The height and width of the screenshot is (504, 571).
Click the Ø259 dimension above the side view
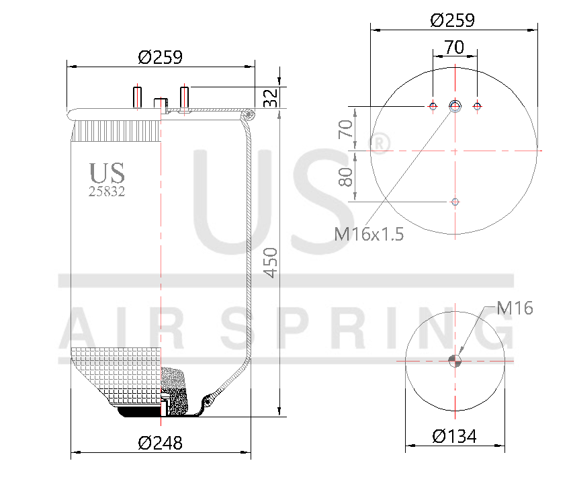click(x=160, y=57)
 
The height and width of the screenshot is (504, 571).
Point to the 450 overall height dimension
click(x=270, y=262)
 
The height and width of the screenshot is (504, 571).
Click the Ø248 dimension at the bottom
click(x=160, y=443)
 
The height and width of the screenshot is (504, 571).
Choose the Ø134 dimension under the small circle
click(x=454, y=436)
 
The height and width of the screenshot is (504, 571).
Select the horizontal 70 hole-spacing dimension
click(x=455, y=47)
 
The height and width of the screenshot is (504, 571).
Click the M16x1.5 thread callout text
click(x=369, y=235)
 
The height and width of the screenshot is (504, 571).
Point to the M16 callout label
click(x=515, y=308)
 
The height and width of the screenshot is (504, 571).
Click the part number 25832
click(x=107, y=191)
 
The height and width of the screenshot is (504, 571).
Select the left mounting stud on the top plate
click(x=137, y=97)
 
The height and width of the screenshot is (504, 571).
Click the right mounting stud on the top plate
click(x=184, y=97)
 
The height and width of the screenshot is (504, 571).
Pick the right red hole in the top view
click(x=478, y=106)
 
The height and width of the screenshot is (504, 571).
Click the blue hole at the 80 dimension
click(x=455, y=201)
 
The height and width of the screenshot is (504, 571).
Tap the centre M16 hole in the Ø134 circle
click(x=455, y=361)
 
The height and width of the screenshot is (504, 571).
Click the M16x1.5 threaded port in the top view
click(x=455, y=106)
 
